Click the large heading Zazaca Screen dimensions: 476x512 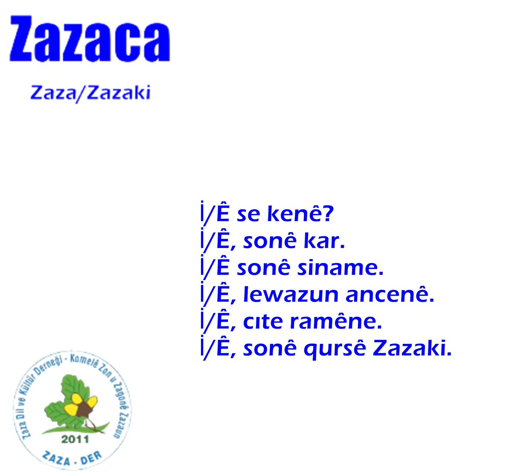click(x=90, y=40)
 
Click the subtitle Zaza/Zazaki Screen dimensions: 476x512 click(x=90, y=92)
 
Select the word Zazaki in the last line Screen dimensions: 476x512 click(x=411, y=349)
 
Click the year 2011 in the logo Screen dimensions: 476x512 click(x=75, y=438)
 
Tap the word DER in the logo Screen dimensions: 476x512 click(x=91, y=458)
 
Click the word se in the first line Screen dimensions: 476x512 click(x=248, y=214)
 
